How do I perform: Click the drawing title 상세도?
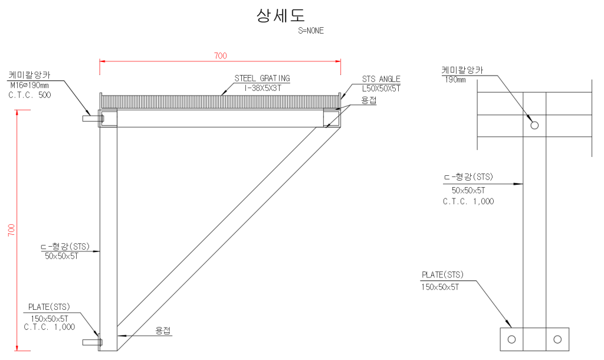280,16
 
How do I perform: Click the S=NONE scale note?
311,31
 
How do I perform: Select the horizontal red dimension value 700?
220,56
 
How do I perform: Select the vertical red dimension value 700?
11,230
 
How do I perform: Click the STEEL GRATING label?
262,78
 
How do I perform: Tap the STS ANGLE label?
381,79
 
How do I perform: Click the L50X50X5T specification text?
381,89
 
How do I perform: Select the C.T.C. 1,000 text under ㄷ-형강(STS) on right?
468,201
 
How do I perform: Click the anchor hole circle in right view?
534,125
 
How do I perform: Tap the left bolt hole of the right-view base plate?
511,339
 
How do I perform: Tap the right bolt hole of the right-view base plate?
557,339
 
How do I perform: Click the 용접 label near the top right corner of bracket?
369,100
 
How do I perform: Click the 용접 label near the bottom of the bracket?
163,330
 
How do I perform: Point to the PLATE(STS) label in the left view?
49,307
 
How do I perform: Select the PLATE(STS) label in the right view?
442,275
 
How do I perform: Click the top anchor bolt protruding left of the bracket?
93,119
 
